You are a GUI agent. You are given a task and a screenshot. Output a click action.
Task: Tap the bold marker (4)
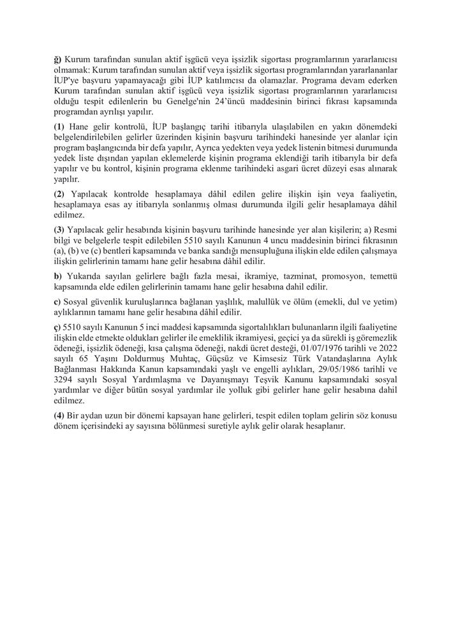click(x=59, y=415)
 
